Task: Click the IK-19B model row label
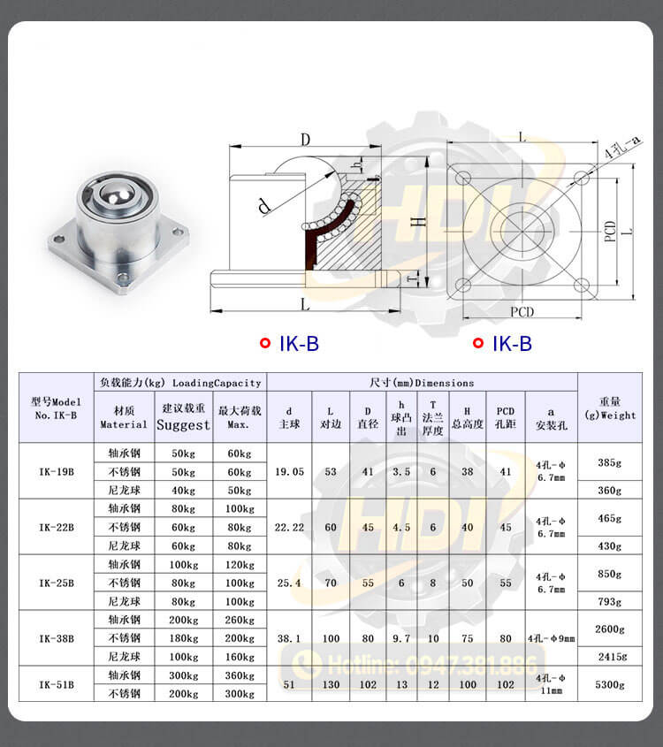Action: (x=57, y=471)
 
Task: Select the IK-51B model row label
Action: (x=57, y=683)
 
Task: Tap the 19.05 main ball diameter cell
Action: (x=289, y=471)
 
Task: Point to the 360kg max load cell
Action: (x=238, y=675)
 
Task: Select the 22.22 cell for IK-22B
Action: (x=289, y=527)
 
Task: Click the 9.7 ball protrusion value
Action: (x=400, y=637)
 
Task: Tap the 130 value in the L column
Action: (x=331, y=684)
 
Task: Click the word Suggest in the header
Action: (x=183, y=425)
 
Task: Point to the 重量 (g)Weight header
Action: (x=610, y=408)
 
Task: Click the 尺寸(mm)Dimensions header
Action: (x=422, y=383)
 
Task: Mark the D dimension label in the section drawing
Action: (x=304, y=140)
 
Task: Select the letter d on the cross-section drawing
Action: (x=263, y=207)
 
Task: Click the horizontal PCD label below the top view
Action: (x=522, y=311)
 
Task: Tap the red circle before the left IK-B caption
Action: (x=264, y=343)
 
